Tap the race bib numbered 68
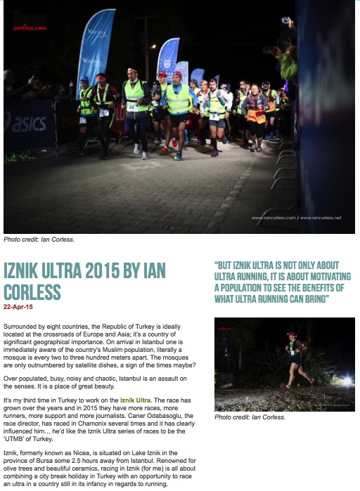click(x=132, y=107)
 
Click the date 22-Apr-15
click(x=18, y=307)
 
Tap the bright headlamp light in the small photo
click(x=345, y=381)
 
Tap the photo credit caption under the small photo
click(x=250, y=417)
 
